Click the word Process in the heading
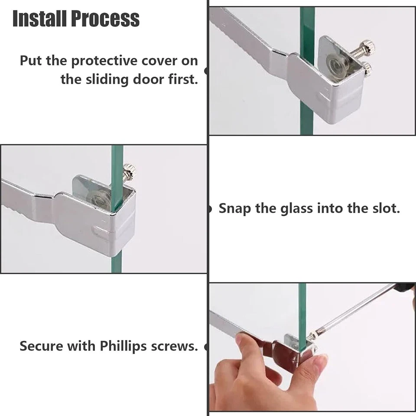(x=105, y=19)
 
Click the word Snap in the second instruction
(x=234, y=208)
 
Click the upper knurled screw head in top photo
(x=368, y=45)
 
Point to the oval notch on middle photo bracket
(x=100, y=233)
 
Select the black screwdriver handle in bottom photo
(x=406, y=287)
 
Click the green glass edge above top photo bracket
(x=307, y=22)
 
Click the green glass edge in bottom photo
(x=302, y=308)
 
